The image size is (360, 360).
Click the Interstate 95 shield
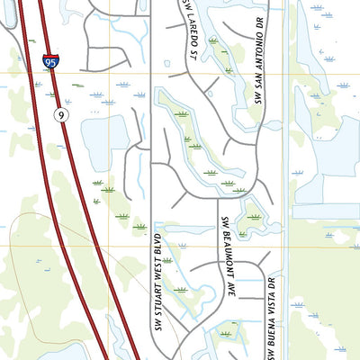(x=50, y=63)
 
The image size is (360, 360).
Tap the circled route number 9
(x=59, y=114)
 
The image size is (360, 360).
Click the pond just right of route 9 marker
(x=104, y=139)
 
